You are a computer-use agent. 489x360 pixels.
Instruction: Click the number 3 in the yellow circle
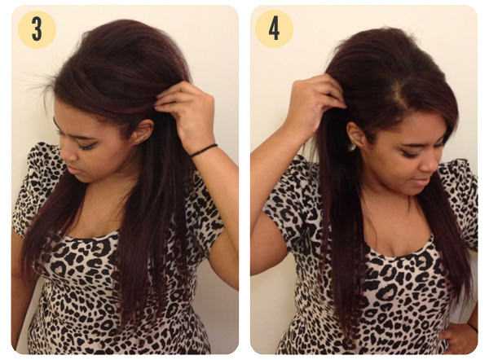[37, 29]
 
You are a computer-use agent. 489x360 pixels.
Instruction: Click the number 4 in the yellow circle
[274, 29]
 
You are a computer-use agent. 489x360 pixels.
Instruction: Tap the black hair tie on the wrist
[203, 150]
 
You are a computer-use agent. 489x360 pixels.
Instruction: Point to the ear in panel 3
[143, 132]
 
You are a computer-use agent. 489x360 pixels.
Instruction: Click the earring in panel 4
[351, 147]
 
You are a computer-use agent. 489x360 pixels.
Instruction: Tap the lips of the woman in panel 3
[71, 170]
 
